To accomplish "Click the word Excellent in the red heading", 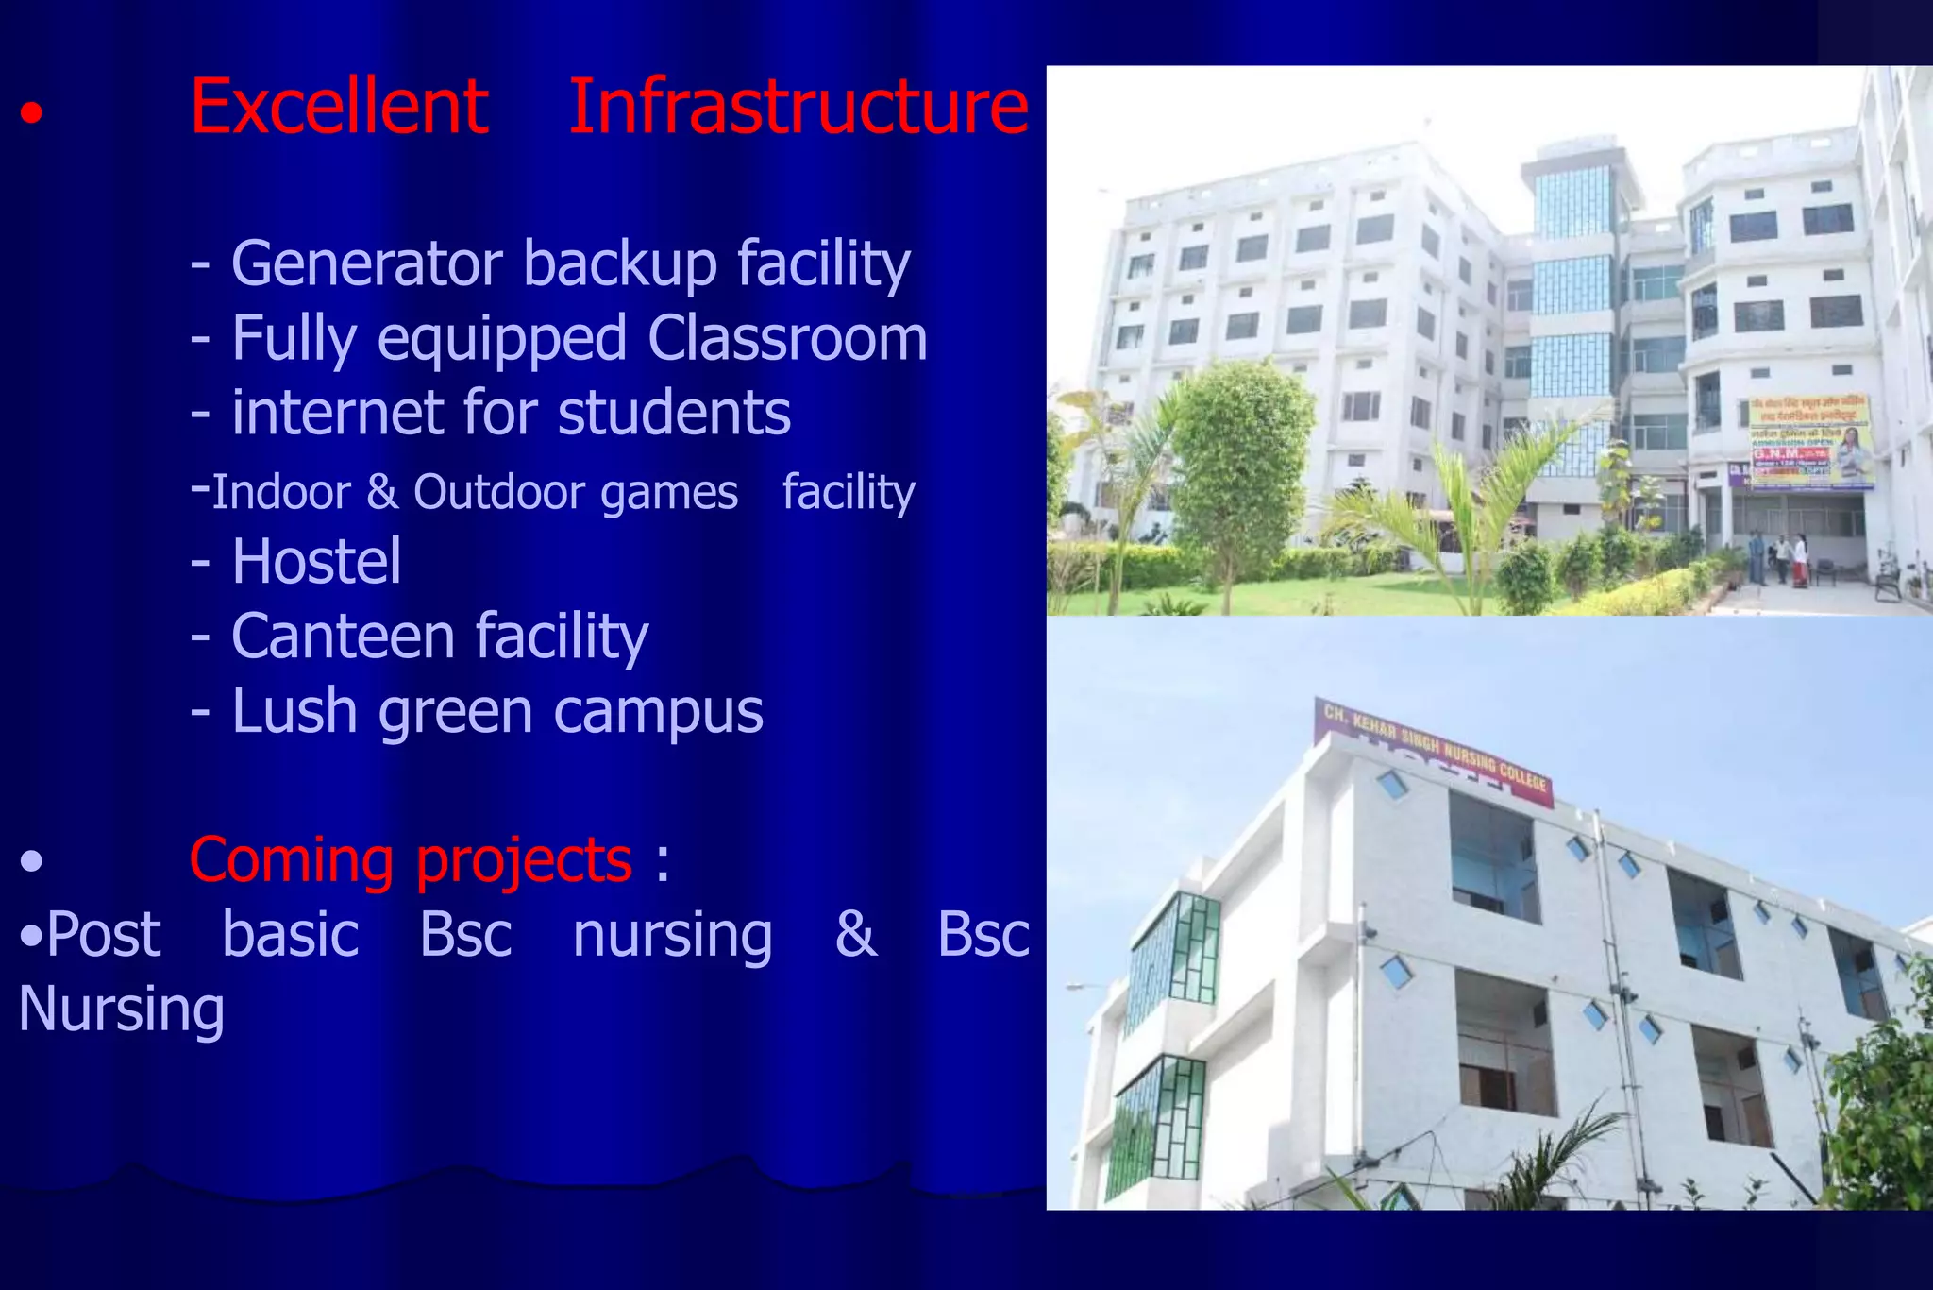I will pos(339,107).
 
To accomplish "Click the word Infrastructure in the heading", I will pos(798,107).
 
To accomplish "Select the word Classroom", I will pos(787,338).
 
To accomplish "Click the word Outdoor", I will pos(575,492).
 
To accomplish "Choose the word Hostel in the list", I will pos(316,562).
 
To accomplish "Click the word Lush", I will pos(294,711).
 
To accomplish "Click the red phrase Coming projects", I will pos(411,860).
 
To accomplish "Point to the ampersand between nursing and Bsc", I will pos(855,935).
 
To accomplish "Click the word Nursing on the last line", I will pos(122,1010).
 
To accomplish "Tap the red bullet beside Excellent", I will pos(32,114).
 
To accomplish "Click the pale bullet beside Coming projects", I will pos(32,860).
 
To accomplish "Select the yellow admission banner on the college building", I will pos(1810,442).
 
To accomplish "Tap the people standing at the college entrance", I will pos(1778,559).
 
